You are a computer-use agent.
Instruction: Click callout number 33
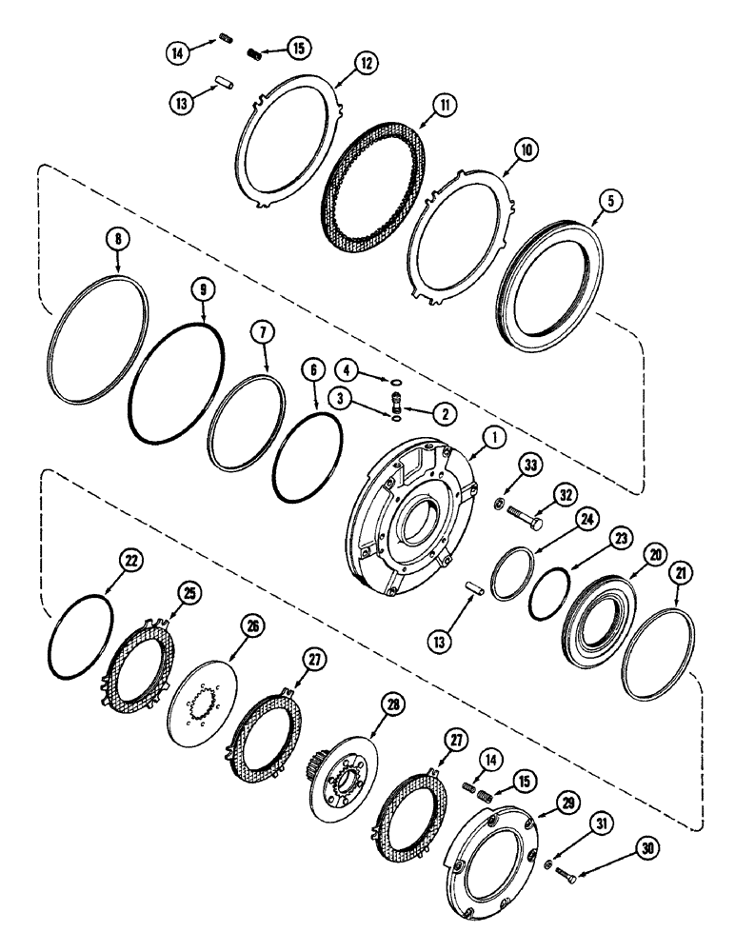coord(530,464)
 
